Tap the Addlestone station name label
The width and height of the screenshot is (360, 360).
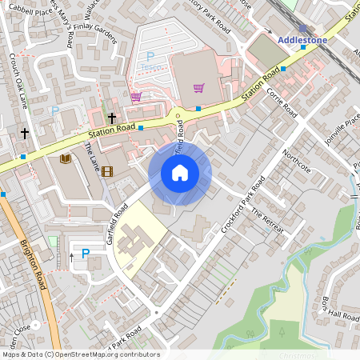point(302,39)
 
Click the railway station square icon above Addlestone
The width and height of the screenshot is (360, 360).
point(302,28)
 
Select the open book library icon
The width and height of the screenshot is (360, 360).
point(66,159)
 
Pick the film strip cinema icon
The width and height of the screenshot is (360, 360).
point(107,170)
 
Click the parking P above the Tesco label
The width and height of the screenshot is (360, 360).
point(150,57)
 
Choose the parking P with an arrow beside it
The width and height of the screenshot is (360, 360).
point(86,254)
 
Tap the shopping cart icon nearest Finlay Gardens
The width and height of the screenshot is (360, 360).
point(136,97)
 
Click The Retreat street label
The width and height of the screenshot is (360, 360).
point(267,222)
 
